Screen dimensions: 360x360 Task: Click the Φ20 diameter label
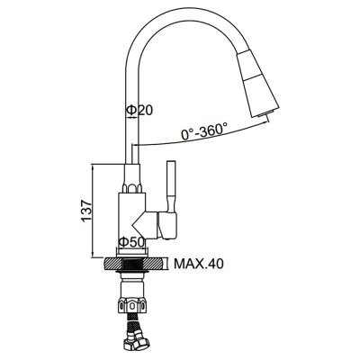139,110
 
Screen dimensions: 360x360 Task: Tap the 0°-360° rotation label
204,130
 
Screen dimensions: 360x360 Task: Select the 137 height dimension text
86,211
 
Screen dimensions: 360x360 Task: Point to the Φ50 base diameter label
132,242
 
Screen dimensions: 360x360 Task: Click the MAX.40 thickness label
199,264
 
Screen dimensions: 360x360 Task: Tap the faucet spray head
257,83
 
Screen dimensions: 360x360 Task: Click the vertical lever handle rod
171,186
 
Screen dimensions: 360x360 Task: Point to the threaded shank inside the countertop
132,265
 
